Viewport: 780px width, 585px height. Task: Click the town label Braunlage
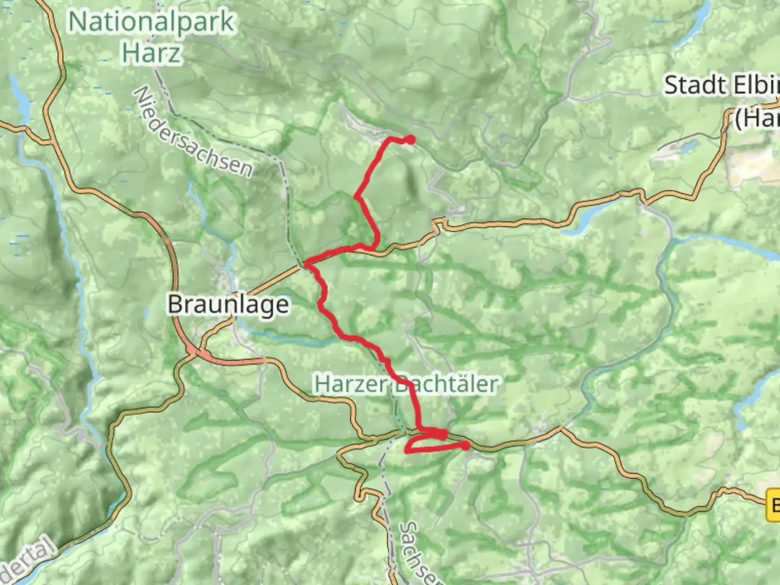(228, 304)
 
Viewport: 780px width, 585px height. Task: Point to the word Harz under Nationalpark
(151, 53)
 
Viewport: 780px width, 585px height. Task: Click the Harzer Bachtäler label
(406, 384)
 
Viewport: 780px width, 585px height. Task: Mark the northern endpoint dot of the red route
(411, 140)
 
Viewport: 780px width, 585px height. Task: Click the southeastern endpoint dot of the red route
(465, 446)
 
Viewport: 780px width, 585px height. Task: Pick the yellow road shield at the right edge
(773, 505)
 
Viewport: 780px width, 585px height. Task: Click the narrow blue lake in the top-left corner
(22, 103)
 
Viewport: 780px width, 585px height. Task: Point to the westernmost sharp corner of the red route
(307, 264)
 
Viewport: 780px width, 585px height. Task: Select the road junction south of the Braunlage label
(192, 351)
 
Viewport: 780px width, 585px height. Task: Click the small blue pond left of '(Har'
(688, 146)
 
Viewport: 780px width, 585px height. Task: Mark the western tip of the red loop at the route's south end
(407, 450)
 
